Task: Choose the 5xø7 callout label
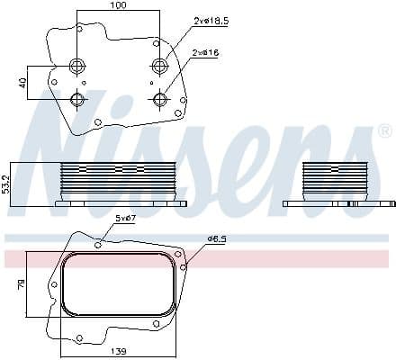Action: coord(124,220)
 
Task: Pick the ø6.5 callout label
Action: coord(217,238)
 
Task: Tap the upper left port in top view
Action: coord(76,64)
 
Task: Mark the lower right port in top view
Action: coord(160,99)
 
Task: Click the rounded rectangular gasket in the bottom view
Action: coord(117,283)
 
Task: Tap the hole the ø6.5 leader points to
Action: coord(183,266)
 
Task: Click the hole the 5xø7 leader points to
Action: coord(98,244)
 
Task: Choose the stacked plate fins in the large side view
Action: coord(115,178)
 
